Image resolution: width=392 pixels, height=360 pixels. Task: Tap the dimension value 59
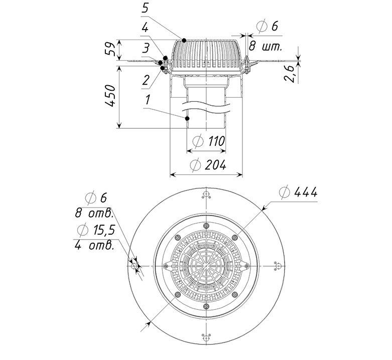tap(110, 49)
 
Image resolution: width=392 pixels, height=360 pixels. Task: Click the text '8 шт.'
tap(266, 47)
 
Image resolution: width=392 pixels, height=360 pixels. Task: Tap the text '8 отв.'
tap(94, 214)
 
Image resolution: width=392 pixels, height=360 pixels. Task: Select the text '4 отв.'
tap(94, 245)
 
